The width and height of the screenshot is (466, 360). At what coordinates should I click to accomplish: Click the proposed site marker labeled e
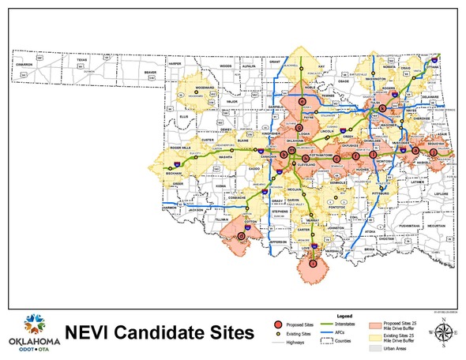point(415,150)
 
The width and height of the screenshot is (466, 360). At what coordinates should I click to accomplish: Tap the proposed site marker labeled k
point(382,108)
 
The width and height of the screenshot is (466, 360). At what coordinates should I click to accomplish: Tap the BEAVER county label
point(150,73)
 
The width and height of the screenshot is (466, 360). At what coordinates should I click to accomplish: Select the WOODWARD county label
point(205,88)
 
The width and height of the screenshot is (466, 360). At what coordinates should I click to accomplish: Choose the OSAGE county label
point(343,81)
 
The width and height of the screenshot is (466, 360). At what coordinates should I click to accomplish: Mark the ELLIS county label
point(185,115)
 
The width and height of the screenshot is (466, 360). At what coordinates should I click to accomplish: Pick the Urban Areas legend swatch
point(371,347)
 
